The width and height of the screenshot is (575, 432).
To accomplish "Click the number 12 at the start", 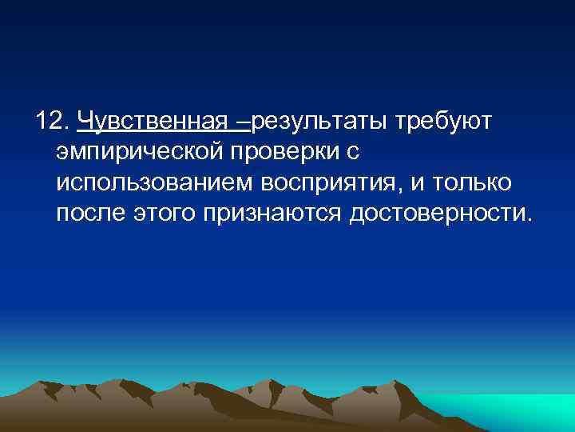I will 49,121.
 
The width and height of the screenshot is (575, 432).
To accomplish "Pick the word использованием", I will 153,183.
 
